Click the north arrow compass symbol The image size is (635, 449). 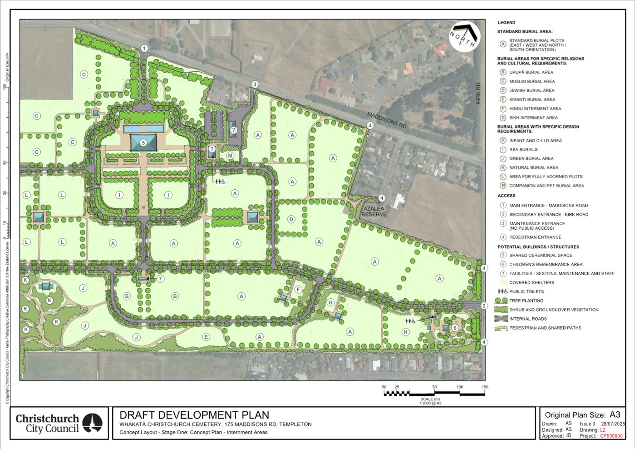[464, 37]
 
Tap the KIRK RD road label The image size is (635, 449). [478, 93]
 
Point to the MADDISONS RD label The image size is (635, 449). [387, 120]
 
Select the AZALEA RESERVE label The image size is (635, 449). [374, 212]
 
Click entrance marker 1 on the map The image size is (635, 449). [144, 49]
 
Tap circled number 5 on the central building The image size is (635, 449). [143, 143]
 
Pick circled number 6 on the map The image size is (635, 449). [455, 328]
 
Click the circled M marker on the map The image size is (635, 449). [231, 156]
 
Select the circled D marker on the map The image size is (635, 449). [291, 219]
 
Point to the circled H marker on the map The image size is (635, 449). [405, 332]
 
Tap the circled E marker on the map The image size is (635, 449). [206, 337]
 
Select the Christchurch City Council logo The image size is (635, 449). [59, 423]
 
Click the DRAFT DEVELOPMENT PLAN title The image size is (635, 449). [194, 415]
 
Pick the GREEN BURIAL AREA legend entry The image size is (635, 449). [531, 158]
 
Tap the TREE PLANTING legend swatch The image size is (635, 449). [502, 301]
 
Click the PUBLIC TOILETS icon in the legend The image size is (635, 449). [502, 291]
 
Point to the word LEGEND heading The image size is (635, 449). [507, 22]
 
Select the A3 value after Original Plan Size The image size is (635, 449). [615, 414]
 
